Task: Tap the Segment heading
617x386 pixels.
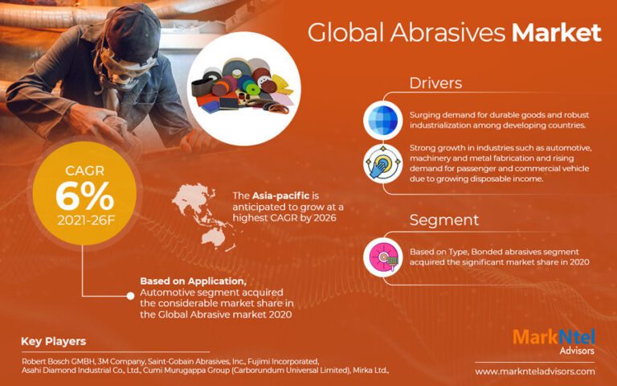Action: click(x=444, y=220)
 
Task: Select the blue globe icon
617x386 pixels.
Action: click(x=382, y=119)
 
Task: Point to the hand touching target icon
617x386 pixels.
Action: click(x=382, y=163)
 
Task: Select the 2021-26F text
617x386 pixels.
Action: click(x=84, y=222)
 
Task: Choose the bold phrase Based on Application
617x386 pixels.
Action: click(x=193, y=281)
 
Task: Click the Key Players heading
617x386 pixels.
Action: click(x=54, y=341)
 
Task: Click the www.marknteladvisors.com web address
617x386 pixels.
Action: click(x=534, y=372)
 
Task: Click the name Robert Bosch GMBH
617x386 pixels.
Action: click(x=57, y=360)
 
